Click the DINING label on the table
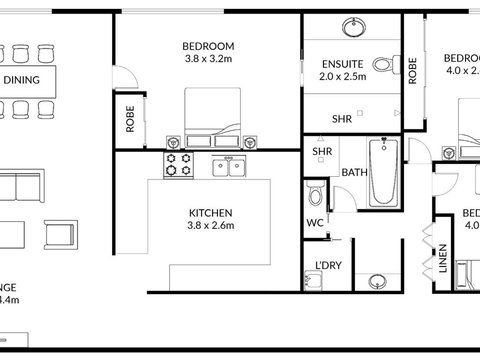[22, 80]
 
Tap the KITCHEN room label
[211, 213]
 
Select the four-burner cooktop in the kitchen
[180, 166]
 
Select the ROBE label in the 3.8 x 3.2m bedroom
[130, 120]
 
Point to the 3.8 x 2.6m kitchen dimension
[211, 227]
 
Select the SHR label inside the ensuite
[341, 118]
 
